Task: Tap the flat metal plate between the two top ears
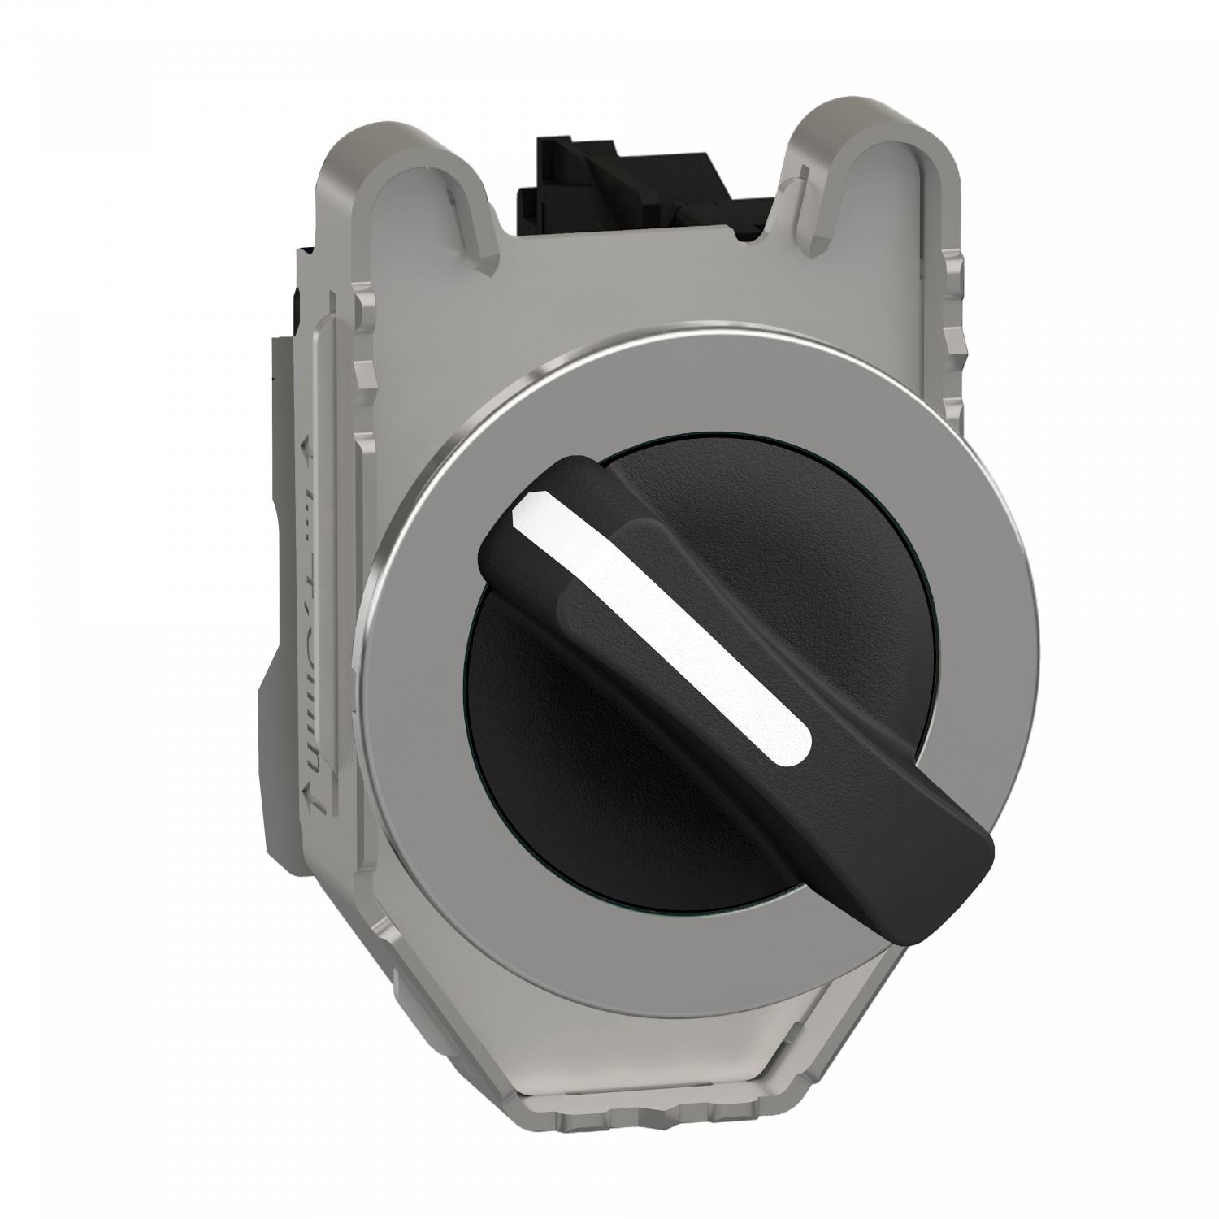tap(650, 284)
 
